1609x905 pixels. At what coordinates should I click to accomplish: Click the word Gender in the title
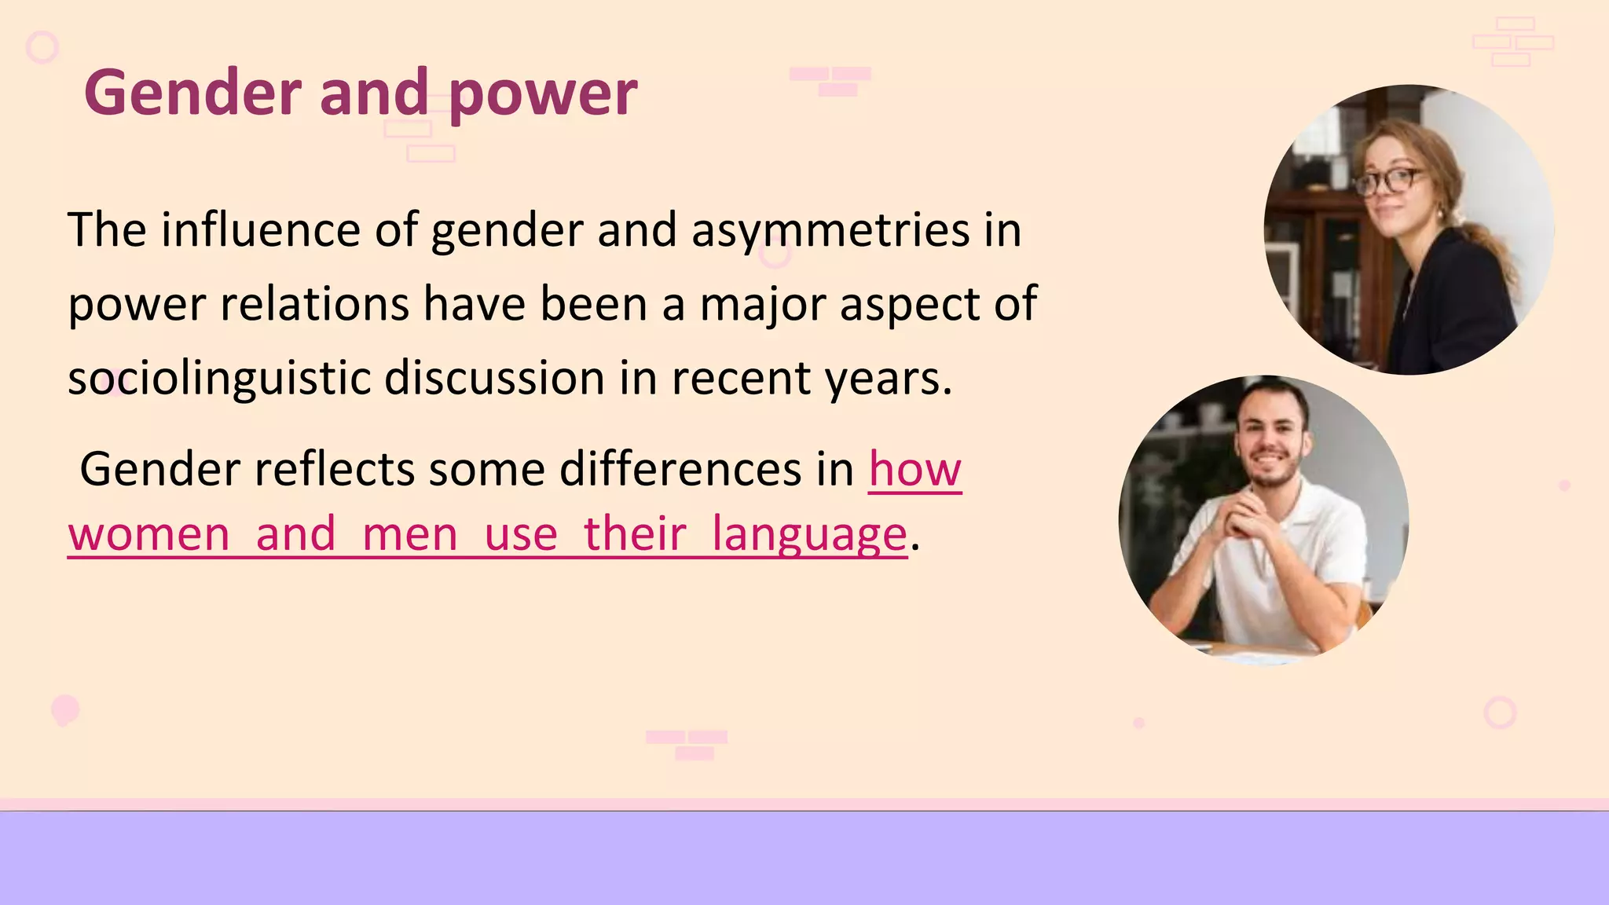193,93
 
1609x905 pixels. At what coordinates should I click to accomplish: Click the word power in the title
543,94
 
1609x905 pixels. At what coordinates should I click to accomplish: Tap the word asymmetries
830,230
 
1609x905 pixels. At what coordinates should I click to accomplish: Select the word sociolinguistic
219,378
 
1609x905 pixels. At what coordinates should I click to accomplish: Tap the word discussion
494,378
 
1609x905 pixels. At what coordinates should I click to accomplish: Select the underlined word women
149,534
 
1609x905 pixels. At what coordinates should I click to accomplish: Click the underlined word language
809,534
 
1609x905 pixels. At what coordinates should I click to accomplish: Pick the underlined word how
914,470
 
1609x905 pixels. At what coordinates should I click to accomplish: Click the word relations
314,304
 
